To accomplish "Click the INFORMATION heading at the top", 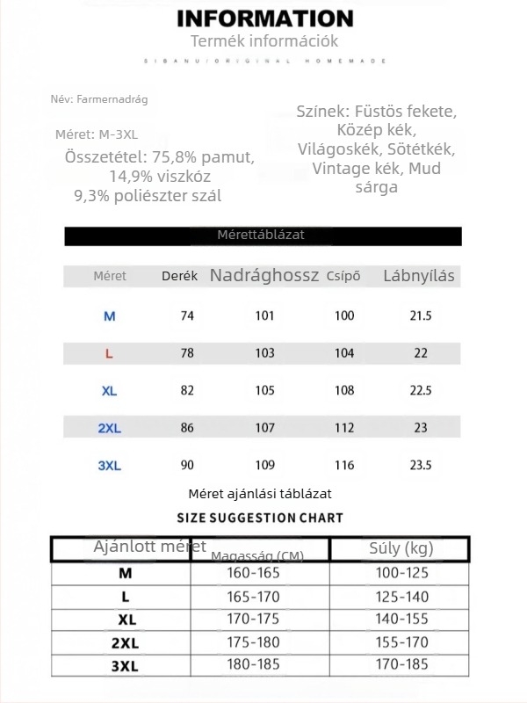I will click(x=264, y=18).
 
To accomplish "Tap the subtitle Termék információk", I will click(x=264, y=41).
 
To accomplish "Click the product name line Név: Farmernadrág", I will click(x=99, y=99).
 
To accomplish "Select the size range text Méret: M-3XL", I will click(x=97, y=134).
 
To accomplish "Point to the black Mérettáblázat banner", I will click(x=262, y=236).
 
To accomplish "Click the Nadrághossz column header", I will click(x=264, y=276).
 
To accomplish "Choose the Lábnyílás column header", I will click(x=419, y=276).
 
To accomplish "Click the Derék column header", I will click(x=180, y=276).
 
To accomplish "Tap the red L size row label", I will click(x=109, y=353).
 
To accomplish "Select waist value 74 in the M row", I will click(x=187, y=316).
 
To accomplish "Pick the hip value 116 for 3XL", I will click(x=344, y=466).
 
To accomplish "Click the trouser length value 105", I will click(x=264, y=391).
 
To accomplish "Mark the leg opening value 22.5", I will click(x=421, y=391).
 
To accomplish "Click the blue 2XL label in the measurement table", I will click(x=109, y=429).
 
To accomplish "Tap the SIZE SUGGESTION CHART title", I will click(x=260, y=518).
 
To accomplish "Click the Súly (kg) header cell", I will click(x=400, y=549).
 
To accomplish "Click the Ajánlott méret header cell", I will click(x=121, y=548).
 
